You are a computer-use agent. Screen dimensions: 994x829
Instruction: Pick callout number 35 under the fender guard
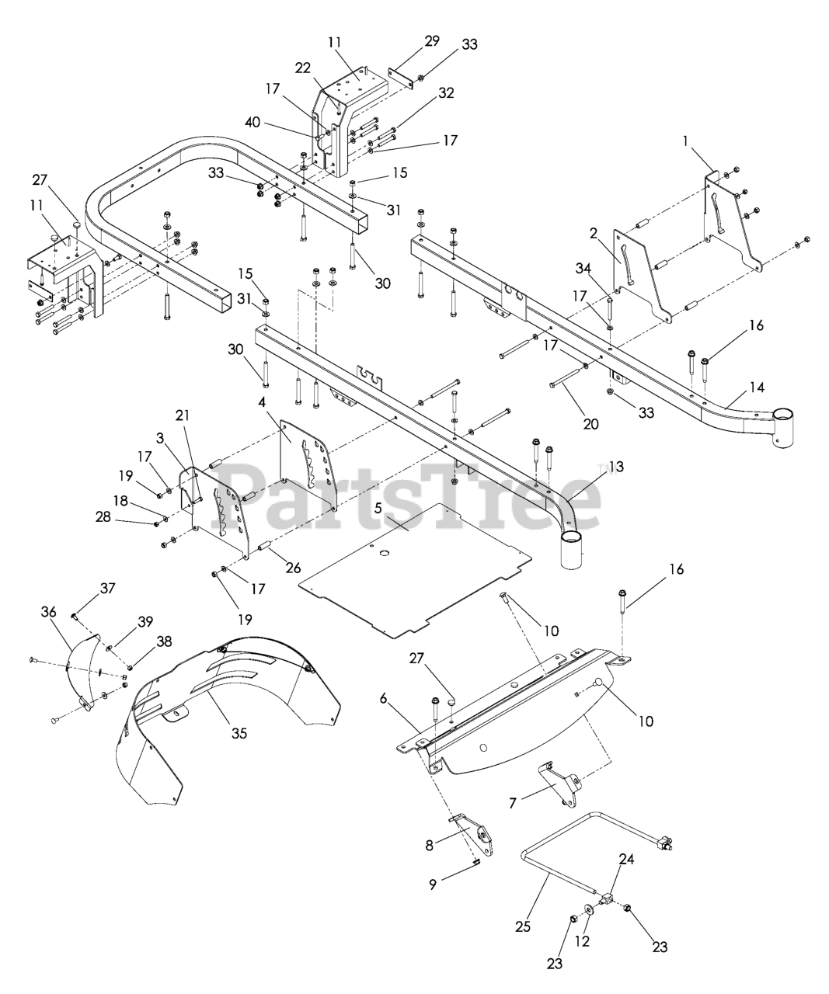(x=239, y=733)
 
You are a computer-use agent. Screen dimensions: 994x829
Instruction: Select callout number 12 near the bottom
(x=582, y=941)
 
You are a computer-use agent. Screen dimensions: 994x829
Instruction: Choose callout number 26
(x=292, y=568)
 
